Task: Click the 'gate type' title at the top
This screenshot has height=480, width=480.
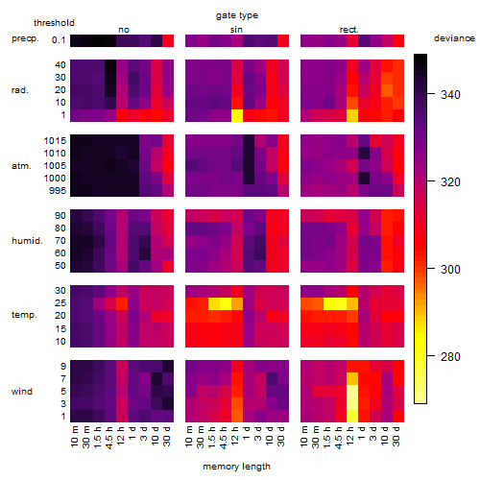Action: [x=237, y=15]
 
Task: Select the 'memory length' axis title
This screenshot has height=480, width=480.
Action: [x=236, y=467]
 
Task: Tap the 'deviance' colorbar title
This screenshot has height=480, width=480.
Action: [x=454, y=38]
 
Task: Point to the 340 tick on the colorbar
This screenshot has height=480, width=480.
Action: [x=431, y=94]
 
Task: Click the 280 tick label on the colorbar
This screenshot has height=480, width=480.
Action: [x=450, y=356]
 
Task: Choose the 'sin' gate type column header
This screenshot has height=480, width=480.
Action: [x=236, y=30]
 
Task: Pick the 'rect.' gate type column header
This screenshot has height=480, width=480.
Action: [x=349, y=30]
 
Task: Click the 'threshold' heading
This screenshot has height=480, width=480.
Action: [x=54, y=23]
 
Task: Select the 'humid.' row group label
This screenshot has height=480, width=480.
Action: [x=27, y=241]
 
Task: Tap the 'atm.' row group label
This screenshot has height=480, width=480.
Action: [x=21, y=166]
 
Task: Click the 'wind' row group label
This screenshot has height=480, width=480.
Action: [x=22, y=392]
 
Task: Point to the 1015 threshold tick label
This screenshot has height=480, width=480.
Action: [x=55, y=140]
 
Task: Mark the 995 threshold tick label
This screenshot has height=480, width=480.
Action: [x=58, y=191]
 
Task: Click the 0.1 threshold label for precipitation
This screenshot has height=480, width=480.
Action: [x=59, y=40]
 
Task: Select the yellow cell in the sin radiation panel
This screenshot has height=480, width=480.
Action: [x=237, y=115]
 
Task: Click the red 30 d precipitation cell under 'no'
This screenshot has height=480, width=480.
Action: [x=168, y=40]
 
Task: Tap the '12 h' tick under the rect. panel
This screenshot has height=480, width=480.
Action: [x=350, y=436]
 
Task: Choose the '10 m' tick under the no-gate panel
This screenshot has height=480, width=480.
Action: [x=74, y=437]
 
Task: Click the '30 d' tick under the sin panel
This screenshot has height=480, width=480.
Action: [x=280, y=436]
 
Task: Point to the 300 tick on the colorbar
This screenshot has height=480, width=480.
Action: [x=431, y=269]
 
